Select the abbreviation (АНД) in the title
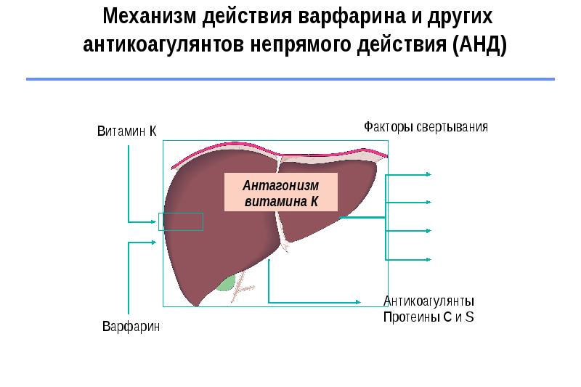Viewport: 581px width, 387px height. point(479,45)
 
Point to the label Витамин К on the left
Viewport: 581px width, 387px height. point(128,131)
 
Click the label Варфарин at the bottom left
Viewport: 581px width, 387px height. point(131,327)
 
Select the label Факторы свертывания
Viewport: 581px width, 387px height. point(426,126)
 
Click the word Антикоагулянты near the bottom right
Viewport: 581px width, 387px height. point(429,301)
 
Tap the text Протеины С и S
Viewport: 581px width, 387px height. point(428,317)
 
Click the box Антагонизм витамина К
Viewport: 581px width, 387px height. point(281,193)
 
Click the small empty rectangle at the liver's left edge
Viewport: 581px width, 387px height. point(181,221)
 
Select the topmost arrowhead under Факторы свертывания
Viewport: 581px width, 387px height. point(429,175)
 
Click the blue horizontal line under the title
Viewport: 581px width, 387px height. point(290,78)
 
